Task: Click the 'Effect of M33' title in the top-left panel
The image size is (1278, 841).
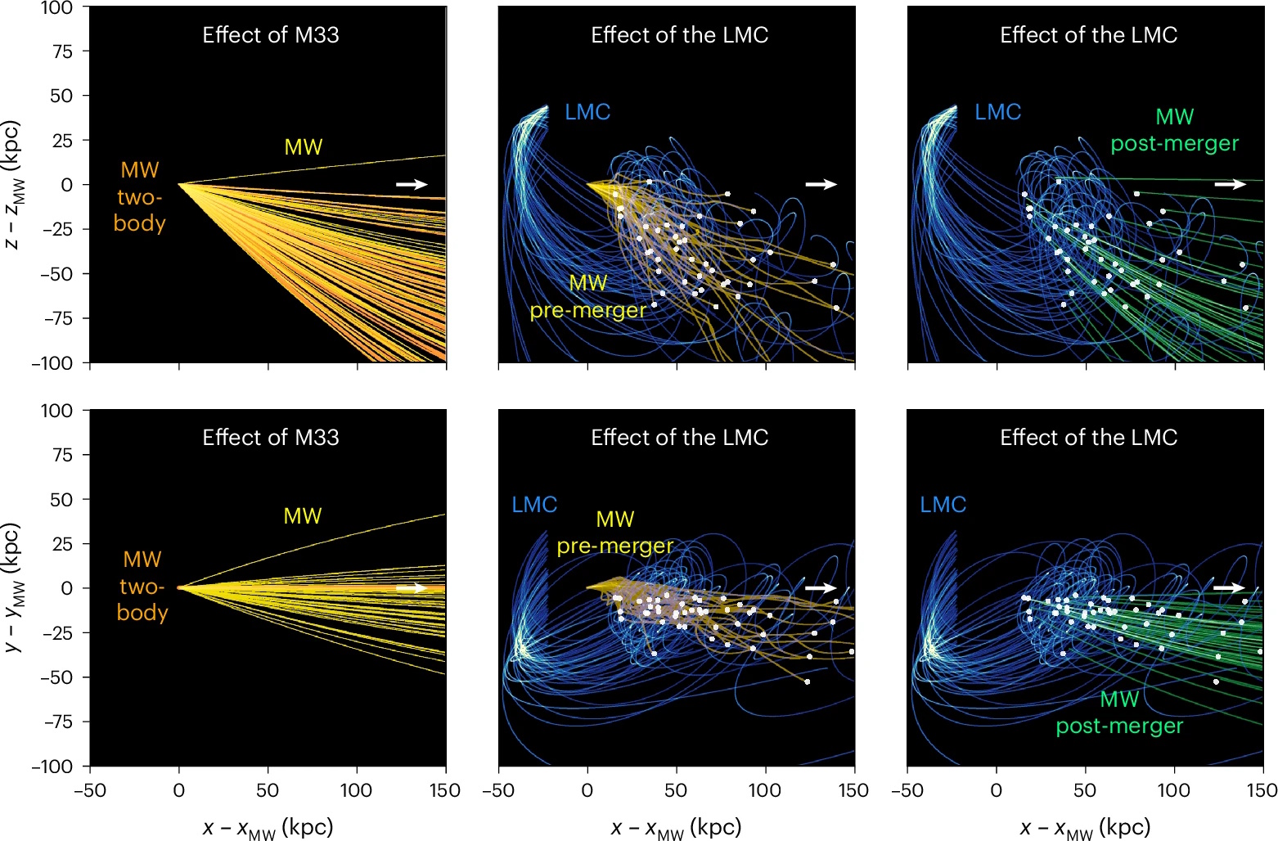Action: pos(270,34)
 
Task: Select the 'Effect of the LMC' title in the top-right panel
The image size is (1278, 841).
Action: pos(1088,34)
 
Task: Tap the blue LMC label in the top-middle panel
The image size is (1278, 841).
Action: pos(587,112)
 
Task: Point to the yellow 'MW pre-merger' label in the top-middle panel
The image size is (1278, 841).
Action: pos(587,297)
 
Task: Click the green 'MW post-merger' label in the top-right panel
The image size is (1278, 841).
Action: pos(1174,130)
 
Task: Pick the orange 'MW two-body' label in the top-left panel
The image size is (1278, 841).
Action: pos(140,196)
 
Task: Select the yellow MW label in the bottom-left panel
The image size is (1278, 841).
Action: pos(303,516)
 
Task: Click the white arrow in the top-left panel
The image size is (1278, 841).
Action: pos(412,184)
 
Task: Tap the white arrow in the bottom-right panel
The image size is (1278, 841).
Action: pos(1229,587)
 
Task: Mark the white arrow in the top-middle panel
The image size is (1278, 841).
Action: pos(821,184)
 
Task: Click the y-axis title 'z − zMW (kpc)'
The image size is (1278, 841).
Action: pos(14,185)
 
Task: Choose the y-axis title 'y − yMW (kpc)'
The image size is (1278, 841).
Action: pos(14,587)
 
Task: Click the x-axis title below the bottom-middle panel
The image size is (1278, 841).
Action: pos(676,828)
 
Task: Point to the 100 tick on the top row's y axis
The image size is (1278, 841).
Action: pos(56,9)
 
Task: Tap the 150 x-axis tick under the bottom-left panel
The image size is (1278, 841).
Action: pos(445,790)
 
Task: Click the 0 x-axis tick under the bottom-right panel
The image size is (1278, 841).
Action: pos(996,790)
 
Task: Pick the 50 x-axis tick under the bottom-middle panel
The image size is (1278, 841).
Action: pos(676,790)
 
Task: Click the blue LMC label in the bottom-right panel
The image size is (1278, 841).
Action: pos(943,505)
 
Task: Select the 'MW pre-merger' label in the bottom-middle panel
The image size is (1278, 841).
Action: pos(615,533)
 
